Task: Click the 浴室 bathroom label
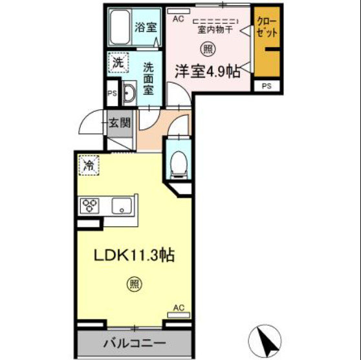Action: pyautogui.click(x=145, y=28)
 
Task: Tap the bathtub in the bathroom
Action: pyautogui.click(x=120, y=28)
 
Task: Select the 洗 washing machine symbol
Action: pyautogui.click(x=118, y=63)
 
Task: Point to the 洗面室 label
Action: pyautogui.click(x=148, y=78)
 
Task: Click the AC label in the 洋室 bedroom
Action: pyautogui.click(x=179, y=18)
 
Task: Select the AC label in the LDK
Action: pyautogui.click(x=179, y=308)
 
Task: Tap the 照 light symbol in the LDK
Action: pyautogui.click(x=133, y=283)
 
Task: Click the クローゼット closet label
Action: pyautogui.click(x=265, y=28)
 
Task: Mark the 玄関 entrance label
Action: pyautogui.click(x=120, y=122)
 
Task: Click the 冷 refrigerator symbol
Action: pyautogui.click(x=90, y=165)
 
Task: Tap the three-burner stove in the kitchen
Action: pyautogui.click(x=89, y=206)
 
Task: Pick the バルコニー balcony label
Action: pyautogui.click(x=135, y=343)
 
